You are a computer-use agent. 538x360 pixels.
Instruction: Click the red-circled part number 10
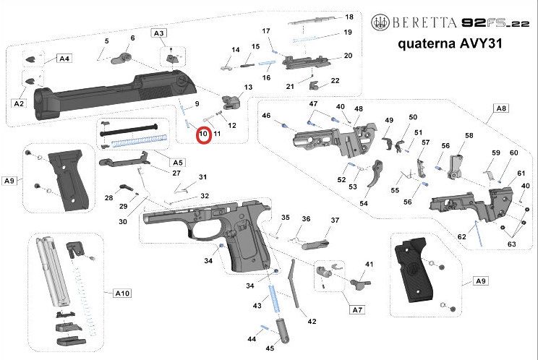[202, 134]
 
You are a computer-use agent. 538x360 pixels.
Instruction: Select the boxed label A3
[158, 33]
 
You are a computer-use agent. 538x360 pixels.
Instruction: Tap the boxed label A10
[122, 293]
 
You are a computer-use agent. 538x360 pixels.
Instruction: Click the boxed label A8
[500, 108]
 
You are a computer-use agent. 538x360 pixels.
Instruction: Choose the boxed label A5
[176, 161]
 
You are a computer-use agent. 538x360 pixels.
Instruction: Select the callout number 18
[349, 17]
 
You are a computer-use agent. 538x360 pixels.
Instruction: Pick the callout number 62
[461, 236]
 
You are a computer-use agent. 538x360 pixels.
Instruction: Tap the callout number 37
[335, 220]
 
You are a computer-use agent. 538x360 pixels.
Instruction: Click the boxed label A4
[64, 58]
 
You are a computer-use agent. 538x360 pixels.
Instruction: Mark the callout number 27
[176, 173]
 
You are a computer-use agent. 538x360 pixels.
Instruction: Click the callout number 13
[248, 87]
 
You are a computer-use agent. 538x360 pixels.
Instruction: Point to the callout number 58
[469, 136]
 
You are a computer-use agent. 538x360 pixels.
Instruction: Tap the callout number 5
[106, 40]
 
